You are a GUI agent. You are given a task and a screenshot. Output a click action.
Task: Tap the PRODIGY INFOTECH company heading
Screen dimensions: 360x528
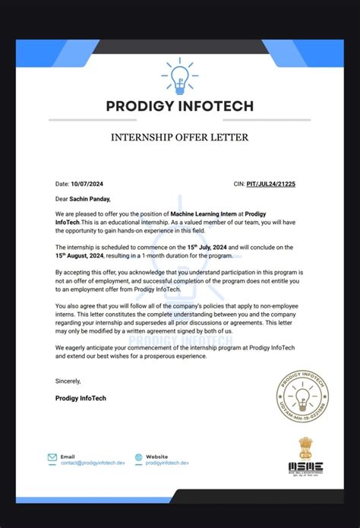(x=179, y=106)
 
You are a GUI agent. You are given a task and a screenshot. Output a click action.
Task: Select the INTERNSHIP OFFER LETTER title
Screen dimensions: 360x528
(x=179, y=138)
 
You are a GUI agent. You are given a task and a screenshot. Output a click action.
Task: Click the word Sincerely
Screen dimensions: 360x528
(x=68, y=380)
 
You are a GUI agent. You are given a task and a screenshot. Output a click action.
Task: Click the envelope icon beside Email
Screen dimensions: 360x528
(x=52, y=458)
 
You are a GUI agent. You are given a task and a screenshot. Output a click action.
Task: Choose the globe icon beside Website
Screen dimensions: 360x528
(x=138, y=458)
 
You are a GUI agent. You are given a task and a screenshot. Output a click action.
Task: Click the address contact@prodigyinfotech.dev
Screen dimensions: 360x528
(x=93, y=462)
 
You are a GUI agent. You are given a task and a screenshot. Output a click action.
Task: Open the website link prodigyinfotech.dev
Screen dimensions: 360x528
(x=167, y=462)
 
